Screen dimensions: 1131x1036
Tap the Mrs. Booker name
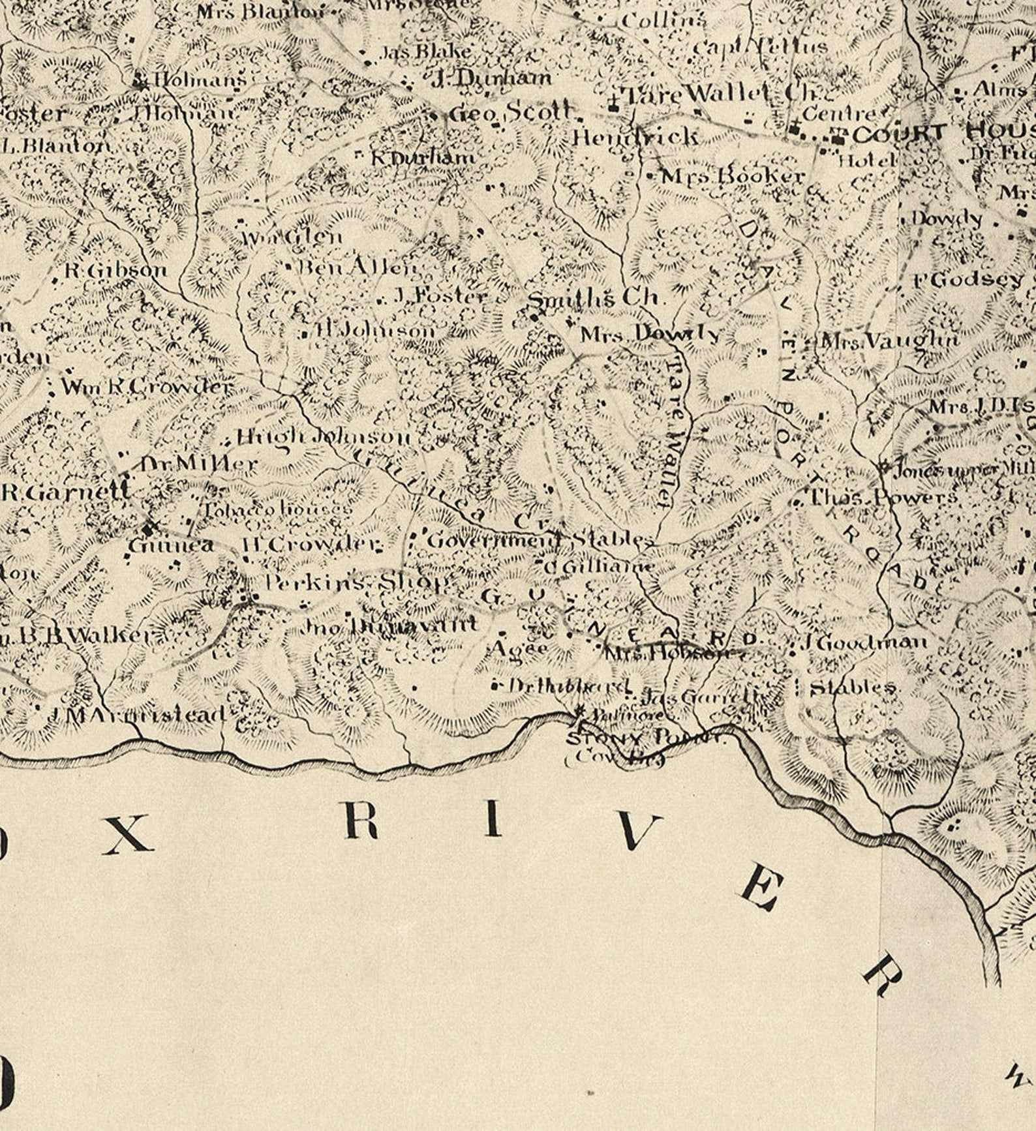733,177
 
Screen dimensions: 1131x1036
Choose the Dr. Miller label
199,464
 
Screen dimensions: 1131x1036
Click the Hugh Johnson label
324,436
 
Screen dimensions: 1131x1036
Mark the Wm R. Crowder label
146,387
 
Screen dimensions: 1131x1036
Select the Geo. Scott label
513,112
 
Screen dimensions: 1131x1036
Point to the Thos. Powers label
883,498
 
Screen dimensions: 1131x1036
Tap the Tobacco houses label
278,509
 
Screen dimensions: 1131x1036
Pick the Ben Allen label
356,267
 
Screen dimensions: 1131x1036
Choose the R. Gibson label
116,270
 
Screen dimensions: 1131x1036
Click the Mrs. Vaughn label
890,340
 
